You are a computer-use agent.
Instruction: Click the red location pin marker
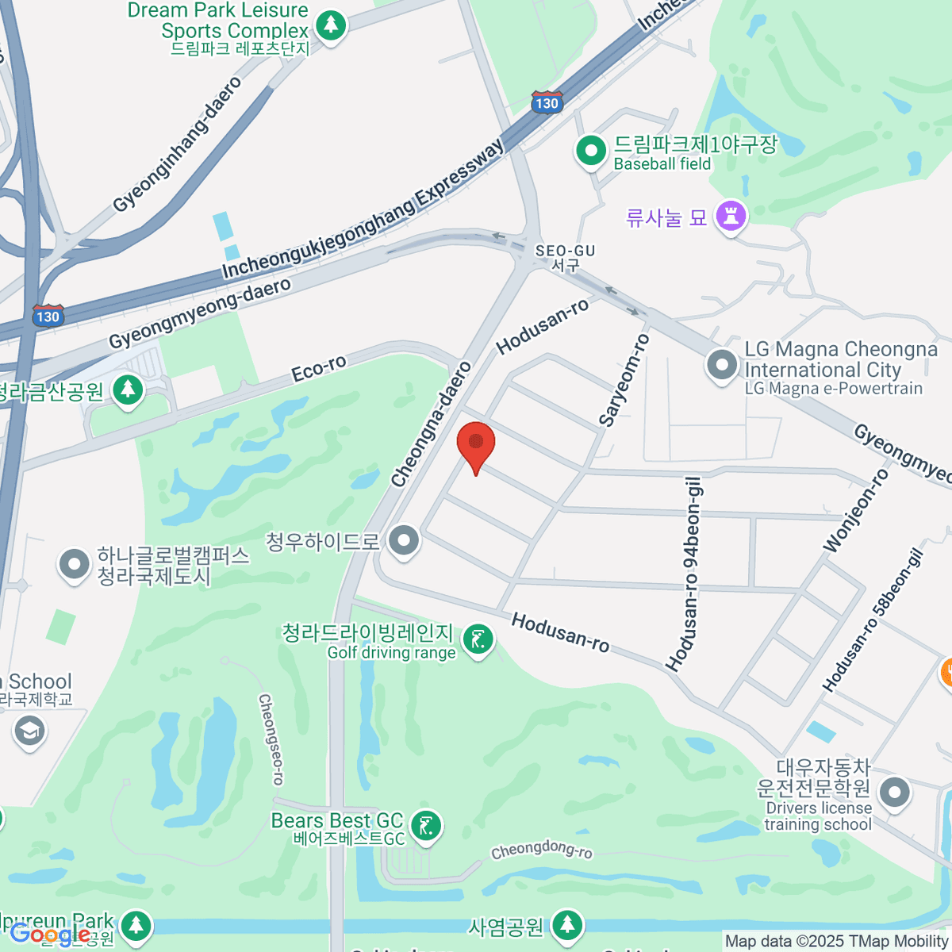pos(476,443)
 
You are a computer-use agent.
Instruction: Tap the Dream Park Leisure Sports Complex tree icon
pos(331,25)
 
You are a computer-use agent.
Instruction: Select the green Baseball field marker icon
pos(590,151)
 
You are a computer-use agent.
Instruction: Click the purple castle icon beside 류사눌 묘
pos(731,216)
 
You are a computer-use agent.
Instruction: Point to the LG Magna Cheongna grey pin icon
pos(722,366)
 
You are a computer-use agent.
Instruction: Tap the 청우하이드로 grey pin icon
pos(405,541)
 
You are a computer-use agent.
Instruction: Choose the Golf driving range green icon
pos(478,639)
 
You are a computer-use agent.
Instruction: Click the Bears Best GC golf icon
pos(427,827)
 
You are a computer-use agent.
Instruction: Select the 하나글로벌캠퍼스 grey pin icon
pos(75,565)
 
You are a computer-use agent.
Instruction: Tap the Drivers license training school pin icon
pos(895,793)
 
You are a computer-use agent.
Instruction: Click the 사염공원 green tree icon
pos(566,924)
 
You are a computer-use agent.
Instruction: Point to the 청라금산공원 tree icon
pos(127,390)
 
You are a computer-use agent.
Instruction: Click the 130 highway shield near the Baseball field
pos(547,102)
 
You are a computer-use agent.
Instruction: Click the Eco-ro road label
pos(319,369)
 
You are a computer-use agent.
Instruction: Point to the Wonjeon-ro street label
pos(856,511)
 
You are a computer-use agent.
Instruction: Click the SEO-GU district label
pos(565,257)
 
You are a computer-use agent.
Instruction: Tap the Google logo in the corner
pos(49,934)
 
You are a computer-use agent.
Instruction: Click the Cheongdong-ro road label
pos(541,850)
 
